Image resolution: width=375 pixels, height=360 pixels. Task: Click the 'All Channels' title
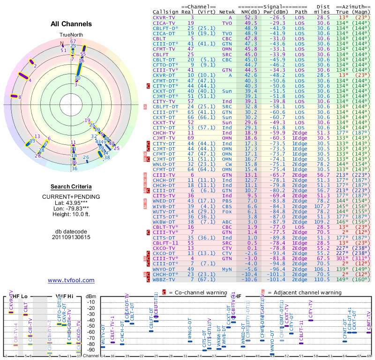71,24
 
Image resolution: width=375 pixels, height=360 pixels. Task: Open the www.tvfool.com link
71,280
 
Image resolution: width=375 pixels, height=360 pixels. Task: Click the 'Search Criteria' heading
71,187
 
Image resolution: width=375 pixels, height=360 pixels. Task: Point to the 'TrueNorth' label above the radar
71,35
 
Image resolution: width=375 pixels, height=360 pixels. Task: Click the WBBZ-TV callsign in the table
165,280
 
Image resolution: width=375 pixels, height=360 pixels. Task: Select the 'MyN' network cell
227,270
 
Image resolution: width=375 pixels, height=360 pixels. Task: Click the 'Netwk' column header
227,11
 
